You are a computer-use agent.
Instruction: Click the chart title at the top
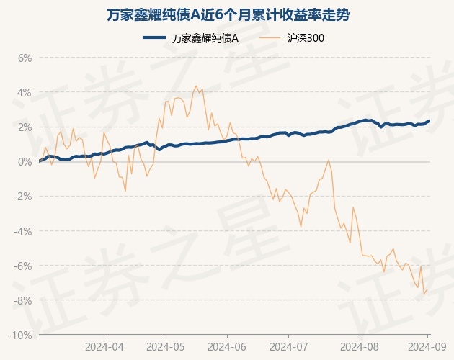[227, 15]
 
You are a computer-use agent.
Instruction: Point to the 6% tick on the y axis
[25, 58]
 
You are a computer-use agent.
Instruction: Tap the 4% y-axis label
[25, 93]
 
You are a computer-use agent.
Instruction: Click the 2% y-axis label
[25, 127]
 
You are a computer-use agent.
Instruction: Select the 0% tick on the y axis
[25, 162]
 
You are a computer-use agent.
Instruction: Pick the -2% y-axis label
[23, 197]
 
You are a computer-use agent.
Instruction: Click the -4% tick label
[23, 231]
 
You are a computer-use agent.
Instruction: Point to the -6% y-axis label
[23, 266]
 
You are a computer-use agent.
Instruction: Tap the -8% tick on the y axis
[23, 300]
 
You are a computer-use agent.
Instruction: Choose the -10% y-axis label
[21, 335]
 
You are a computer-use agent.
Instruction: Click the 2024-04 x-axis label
[104, 346]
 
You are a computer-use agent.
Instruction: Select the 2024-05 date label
[165, 346]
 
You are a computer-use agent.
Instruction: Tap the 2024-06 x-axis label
[226, 346]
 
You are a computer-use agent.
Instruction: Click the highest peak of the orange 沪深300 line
[197, 86]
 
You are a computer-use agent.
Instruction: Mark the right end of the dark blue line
[430, 121]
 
